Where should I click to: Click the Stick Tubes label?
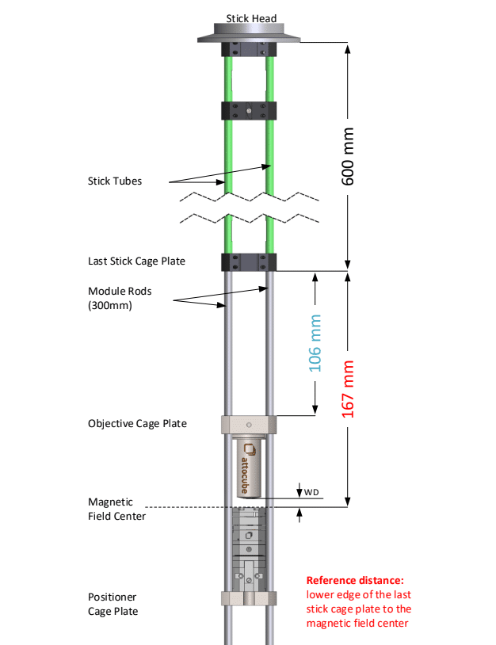tap(115, 181)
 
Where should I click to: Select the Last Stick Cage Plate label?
tap(136, 260)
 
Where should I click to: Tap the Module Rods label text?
tap(119, 297)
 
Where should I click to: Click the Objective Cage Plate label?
tap(137, 423)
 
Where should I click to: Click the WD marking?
tap(312, 492)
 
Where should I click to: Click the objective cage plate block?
tap(249, 425)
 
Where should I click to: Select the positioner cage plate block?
tap(249, 598)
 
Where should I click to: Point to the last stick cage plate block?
tap(249, 261)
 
